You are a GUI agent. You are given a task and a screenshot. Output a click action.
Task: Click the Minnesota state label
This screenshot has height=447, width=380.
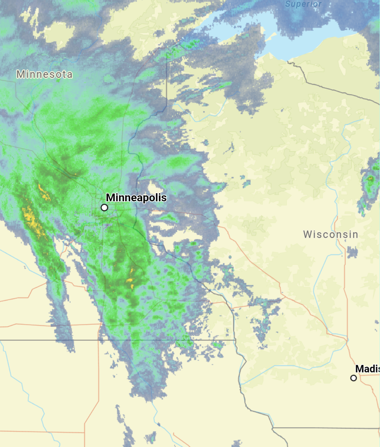click(x=45, y=74)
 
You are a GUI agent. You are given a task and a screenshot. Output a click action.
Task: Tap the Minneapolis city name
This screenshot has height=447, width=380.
click(x=136, y=198)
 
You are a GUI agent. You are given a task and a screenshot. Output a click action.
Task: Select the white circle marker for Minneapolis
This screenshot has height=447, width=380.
click(x=104, y=208)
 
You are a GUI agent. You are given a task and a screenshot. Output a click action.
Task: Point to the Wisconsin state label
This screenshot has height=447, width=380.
click(x=331, y=234)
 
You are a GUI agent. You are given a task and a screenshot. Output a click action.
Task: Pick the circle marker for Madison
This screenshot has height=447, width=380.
click(x=354, y=378)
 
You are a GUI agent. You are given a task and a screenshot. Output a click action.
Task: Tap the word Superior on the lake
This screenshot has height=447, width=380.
click(x=303, y=4)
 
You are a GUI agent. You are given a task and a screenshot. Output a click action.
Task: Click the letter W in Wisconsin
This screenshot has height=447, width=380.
click(x=308, y=234)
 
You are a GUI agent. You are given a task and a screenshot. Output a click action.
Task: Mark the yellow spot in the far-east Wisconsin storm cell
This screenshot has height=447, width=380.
click(x=370, y=179)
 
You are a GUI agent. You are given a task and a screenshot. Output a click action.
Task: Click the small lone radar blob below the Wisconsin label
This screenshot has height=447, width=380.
click(x=352, y=252)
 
